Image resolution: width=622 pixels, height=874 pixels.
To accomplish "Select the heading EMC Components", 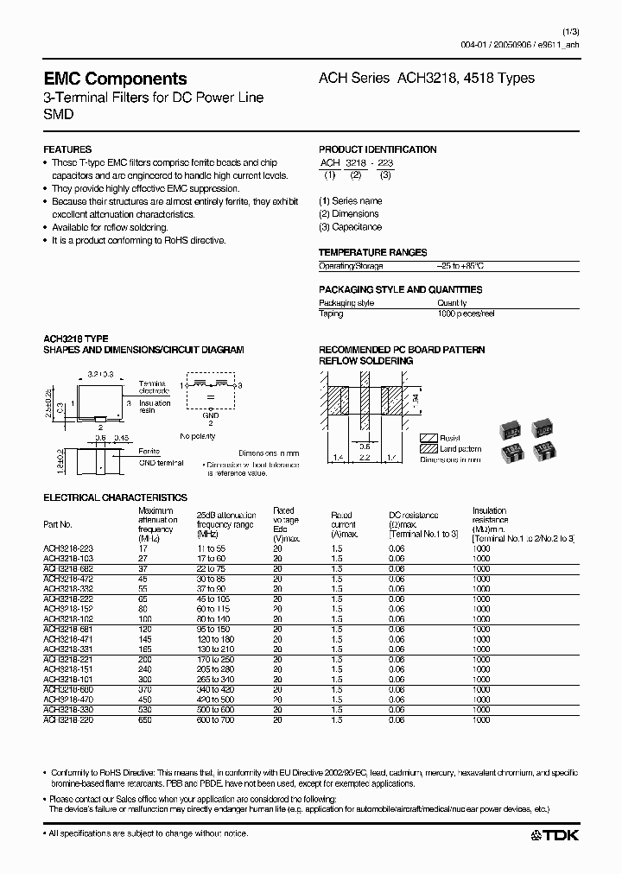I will tap(115, 79).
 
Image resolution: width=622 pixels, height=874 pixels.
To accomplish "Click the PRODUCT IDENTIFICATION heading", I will tap(378, 149).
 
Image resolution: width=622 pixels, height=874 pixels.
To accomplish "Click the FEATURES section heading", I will tap(67, 149).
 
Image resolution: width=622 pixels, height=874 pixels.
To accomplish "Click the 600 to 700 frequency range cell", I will tap(216, 719).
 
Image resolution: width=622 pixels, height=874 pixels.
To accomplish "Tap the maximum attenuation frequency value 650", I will tap(146, 719).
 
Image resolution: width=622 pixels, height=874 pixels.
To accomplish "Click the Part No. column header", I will tap(58, 524).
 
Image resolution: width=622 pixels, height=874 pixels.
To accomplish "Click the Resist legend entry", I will tap(450, 438).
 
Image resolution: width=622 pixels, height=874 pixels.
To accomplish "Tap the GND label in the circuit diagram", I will tap(209, 416).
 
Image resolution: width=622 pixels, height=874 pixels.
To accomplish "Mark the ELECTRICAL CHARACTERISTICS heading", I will tap(115, 497).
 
